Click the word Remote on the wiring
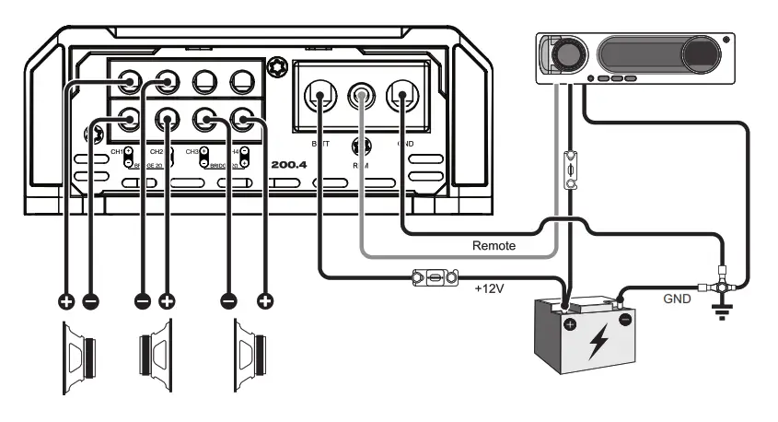pyautogui.click(x=494, y=246)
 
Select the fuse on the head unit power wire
pyautogui.click(x=571, y=171)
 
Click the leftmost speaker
pyautogui.click(x=80, y=355)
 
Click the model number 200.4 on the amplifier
pyautogui.click(x=288, y=165)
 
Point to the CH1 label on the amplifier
pyautogui.click(x=116, y=149)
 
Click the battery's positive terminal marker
pyautogui.click(x=571, y=326)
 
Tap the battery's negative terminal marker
pyautogui.click(x=625, y=320)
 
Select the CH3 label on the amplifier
pyautogui.click(x=192, y=149)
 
